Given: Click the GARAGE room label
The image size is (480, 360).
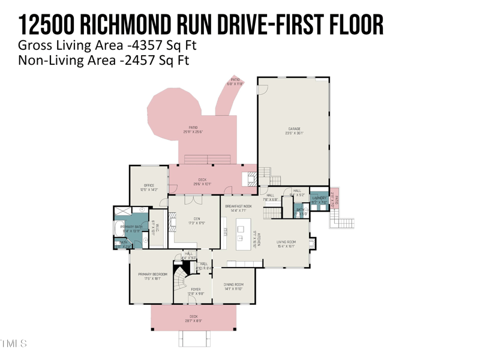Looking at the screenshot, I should [x=293, y=128].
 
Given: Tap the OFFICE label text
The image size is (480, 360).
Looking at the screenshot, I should [x=149, y=185].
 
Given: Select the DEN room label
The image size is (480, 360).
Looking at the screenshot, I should [x=197, y=218].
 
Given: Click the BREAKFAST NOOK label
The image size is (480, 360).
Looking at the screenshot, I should [x=239, y=206].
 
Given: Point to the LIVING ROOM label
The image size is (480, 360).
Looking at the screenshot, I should [x=286, y=242].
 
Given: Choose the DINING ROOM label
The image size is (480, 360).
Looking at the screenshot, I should [x=233, y=284].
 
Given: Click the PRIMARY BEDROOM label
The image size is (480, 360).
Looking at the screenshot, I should [x=152, y=274].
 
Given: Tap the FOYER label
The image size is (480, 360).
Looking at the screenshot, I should [x=196, y=289].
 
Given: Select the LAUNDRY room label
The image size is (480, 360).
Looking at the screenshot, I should [x=319, y=198].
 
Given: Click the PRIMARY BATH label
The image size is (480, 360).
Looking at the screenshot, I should [x=131, y=227].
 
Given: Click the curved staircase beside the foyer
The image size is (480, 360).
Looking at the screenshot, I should [x=181, y=279].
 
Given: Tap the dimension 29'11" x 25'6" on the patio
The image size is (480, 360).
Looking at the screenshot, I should [x=193, y=132].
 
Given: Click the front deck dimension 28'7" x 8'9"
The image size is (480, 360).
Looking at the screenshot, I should [x=193, y=321].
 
